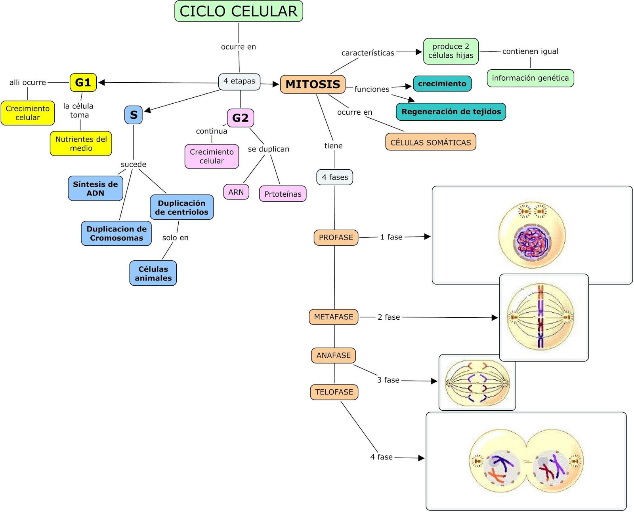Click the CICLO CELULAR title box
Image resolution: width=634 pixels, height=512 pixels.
tap(239, 11)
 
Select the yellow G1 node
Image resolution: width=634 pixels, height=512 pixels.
tap(83, 83)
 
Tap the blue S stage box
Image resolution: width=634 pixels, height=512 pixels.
tap(134, 115)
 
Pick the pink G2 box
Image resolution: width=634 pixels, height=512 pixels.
tap(240, 118)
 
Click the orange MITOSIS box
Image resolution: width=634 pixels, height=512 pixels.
tap(313, 84)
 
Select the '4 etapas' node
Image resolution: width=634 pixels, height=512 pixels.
tap(239, 82)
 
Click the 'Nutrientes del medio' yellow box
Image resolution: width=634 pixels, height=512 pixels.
tap(81, 144)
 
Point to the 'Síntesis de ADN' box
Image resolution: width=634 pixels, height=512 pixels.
tap(95, 188)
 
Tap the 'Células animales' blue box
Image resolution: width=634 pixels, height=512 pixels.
tap(153, 273)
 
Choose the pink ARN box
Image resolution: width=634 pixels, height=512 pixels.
tap(236, 192)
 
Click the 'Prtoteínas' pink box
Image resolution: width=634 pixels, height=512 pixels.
tap(283, 194)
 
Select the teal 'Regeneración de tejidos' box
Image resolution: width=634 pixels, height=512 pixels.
tap(451, 112)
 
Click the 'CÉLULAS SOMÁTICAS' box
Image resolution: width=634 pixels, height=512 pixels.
tap(431, 142)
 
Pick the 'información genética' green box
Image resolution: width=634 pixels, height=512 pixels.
tap(530, 78)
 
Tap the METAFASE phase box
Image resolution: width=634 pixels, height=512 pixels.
tap(333, 317)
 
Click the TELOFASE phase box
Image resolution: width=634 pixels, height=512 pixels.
tap(334, 392)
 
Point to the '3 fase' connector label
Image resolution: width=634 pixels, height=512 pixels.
tap(388, 380)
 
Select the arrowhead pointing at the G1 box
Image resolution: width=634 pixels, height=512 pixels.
tap(101, 83)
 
